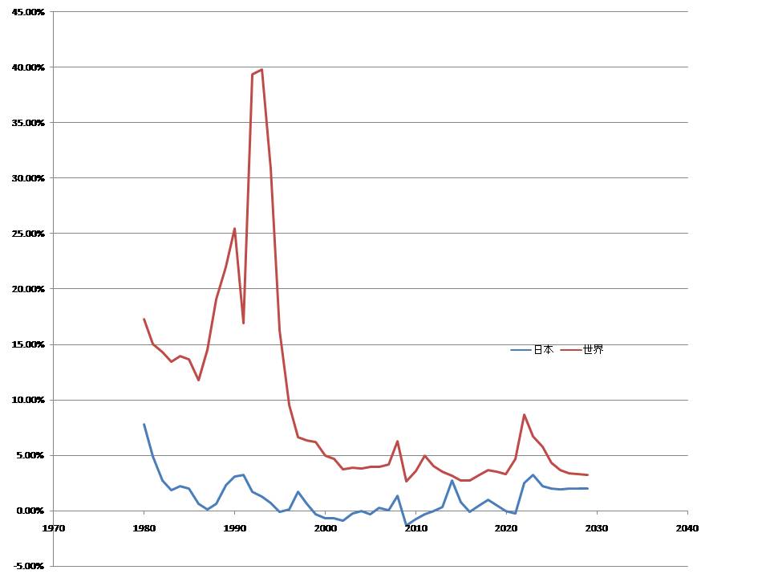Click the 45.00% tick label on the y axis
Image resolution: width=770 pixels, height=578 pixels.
click(x=28, y=12)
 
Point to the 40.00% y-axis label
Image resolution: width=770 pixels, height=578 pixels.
click(x=28, y=67)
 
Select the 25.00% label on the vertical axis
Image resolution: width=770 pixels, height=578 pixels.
click(x=28, y=234)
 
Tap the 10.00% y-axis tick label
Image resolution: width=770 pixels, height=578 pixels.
click(x=28, y=400)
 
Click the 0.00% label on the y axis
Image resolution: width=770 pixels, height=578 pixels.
click(x=30, y=511)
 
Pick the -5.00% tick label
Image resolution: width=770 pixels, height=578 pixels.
click(x=29, y=566)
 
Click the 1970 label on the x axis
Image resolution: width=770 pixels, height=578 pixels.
click(x=54, y=528)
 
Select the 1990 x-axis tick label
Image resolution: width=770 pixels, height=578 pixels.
click(x=234, y=528)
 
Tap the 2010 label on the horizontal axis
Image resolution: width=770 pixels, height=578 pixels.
click(x=415, y=528)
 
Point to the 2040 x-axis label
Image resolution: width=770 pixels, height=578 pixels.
click(x=687, y=528)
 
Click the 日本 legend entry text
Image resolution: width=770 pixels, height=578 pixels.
click(x=543, y=350)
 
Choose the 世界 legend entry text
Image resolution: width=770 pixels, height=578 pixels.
click(x=593, y=350)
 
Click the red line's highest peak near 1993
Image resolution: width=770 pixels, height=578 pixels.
click(x=261, y=69)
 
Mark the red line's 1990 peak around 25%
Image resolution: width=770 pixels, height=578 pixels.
click(x=234, y=228)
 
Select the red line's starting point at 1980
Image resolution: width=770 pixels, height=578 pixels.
click(x=144, y=319)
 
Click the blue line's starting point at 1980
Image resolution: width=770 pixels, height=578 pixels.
click(x=144, y=424)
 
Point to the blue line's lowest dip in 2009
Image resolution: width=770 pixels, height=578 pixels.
click(x=407, y=525)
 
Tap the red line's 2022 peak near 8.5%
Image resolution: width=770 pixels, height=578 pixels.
click(x=524, y=415)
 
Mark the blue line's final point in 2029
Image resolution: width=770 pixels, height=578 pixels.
click(x=588, y=488)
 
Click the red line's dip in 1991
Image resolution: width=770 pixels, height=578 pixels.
click(x=244, y=323)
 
